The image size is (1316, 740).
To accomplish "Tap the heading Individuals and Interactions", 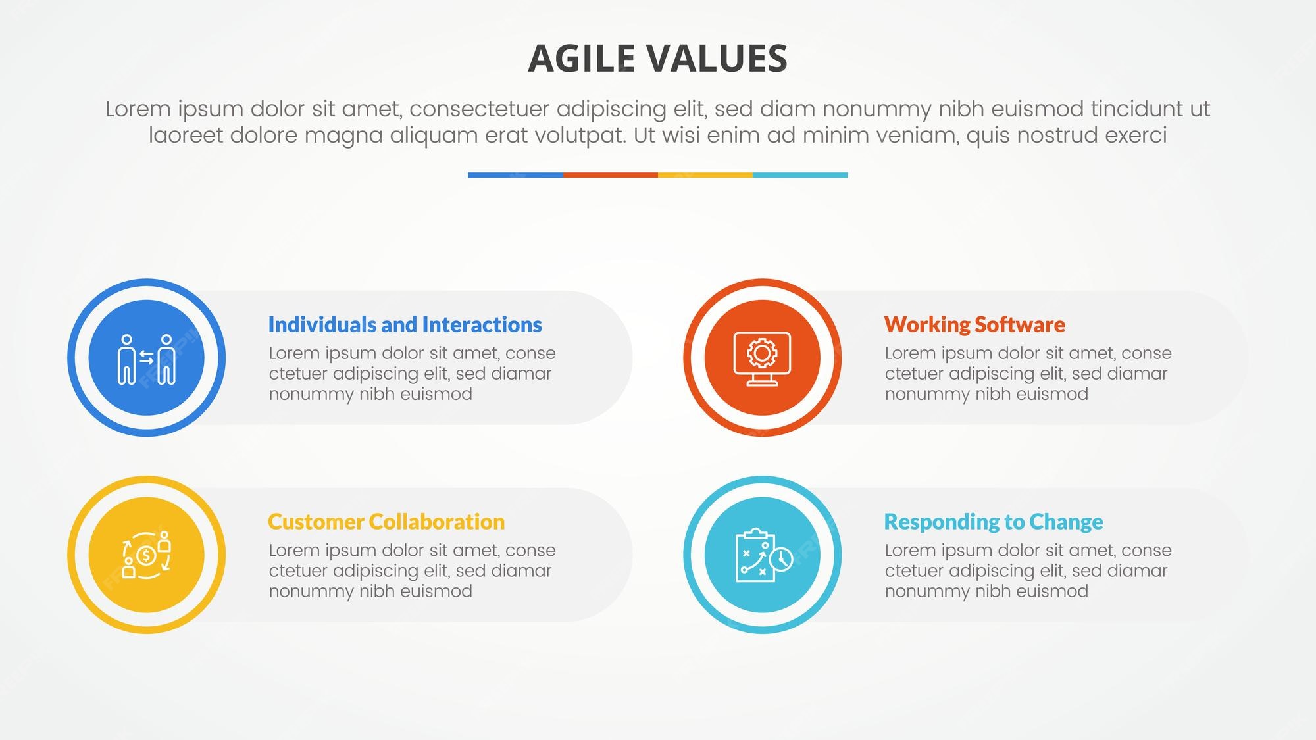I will point(405,324).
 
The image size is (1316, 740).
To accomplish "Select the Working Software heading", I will point(974,324).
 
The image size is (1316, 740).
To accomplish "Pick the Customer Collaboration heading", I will point(386,522).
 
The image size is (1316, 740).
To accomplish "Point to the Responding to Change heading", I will point(993,522).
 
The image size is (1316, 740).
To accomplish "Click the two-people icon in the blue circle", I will point(146,358).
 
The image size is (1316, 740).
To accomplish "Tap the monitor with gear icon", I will point(762,358).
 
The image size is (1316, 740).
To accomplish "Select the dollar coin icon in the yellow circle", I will point(146,555).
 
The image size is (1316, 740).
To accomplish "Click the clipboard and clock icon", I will point(762,555).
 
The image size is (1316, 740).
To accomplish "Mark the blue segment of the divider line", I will point(515,175).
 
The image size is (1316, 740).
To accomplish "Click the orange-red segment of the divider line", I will point(610,175).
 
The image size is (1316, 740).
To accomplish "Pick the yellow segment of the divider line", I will point(705,175).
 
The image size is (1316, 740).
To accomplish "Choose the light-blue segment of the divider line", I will point(800,175).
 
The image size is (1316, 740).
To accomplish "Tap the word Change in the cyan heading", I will point(1066,522).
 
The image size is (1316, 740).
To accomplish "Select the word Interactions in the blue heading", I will point(482,324).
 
